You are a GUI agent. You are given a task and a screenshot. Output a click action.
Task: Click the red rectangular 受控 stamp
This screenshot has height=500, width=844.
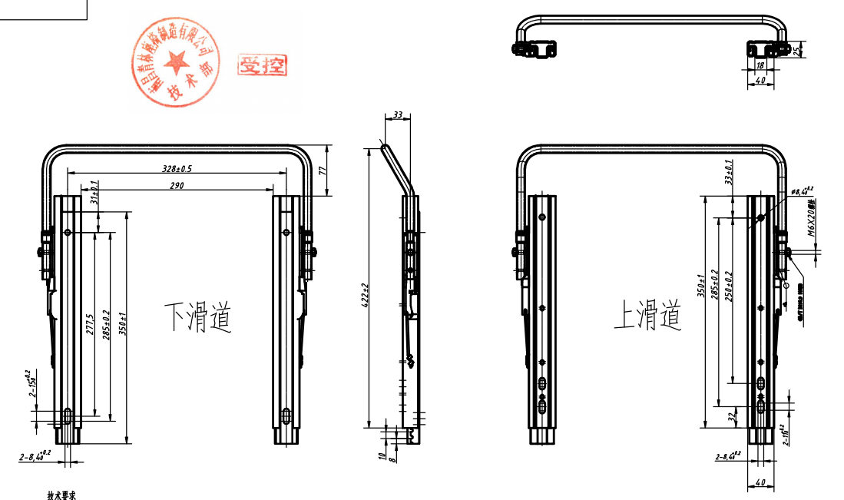(262, 66)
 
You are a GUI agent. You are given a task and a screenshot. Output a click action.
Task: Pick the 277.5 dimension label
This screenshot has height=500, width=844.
(91, 324)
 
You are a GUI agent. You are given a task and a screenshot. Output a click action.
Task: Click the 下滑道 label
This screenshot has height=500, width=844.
(197, 316)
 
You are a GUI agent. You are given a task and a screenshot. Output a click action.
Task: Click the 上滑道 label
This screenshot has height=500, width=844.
(647, 315)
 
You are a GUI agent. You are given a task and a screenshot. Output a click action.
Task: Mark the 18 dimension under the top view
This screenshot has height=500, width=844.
(760, 66)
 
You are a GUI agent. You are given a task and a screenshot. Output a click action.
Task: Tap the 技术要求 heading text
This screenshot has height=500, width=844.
(61, 495)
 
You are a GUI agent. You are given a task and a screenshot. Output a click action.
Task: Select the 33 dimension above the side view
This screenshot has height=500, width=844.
(397, 115)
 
